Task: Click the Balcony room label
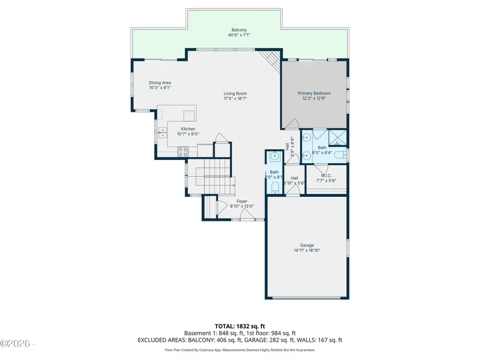[x=239, y=30]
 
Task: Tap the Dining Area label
[x=159, y=83]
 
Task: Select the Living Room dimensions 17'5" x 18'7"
[x=235, y=99]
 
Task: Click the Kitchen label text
[x=188, y=129]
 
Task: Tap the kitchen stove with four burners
[x=182, y=151]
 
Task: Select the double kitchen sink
[x=162, y=132]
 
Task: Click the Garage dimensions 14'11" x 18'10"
[x=307, y=250]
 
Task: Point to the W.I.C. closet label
[x=326, y=175]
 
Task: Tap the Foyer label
[x=242, y=201]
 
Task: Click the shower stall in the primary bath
[x=337, y=138]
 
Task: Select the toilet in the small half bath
[x=274, y=187]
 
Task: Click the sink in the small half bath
[x=274, y=156]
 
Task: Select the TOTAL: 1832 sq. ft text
[x=239, y=325]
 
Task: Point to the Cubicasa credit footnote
[x=239, y=350]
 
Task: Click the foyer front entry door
[x=246, y=215]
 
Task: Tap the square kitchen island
[x=189, y=116]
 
